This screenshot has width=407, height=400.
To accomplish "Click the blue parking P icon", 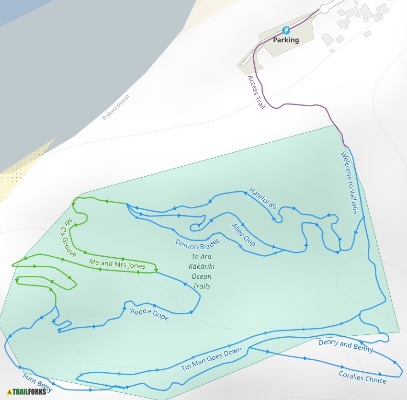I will [x=286, y=30].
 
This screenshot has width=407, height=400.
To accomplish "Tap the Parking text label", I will [x=286, y=40].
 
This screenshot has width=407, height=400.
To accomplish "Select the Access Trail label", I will [x=256, y=92].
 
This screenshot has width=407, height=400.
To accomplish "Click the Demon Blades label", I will [x=197, y=243].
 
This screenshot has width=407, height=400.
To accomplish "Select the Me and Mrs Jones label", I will [x=117, y=263].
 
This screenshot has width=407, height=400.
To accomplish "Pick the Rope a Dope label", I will [x=149, y=314].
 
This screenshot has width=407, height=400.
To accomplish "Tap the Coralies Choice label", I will [x=362, y=377].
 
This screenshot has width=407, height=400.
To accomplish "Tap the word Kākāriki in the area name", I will [x=202, y=266].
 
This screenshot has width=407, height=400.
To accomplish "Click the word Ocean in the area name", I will [x=202, y=276].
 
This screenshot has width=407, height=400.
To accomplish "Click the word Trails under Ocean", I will [x=202, y=286].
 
